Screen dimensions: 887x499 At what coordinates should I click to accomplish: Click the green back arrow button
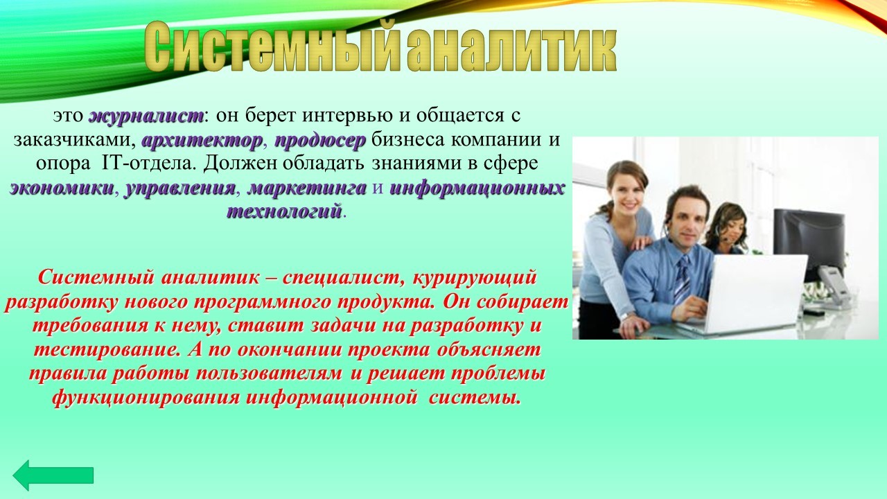pyautogui.click(x=53, y=475)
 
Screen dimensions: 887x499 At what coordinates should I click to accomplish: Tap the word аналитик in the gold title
pyautogui.click(x=511, y=49)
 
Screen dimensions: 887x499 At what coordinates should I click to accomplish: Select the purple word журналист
pyautogui.click(x=146, y=116)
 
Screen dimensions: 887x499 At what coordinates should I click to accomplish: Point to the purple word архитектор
pyautogui.click(x=202, y=140)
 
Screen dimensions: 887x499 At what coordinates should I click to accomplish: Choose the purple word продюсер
pyautogui.click(x=320, y=141)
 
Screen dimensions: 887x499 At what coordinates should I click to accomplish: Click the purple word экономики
pyautogui.click(x=62, y=188)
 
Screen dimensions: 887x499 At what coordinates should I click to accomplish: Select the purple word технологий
pyautogui.click(x=284, y=211)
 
